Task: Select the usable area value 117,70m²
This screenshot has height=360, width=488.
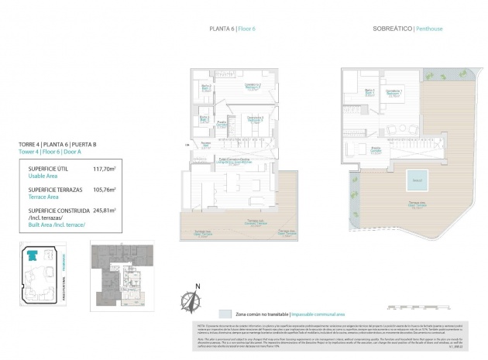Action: point(105,167)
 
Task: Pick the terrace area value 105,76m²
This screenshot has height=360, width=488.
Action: point(105,189)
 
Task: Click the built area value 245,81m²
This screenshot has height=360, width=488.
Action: point(105,210)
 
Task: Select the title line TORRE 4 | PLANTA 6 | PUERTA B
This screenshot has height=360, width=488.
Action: point(57,144)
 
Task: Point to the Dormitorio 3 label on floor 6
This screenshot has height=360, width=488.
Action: point(256,118)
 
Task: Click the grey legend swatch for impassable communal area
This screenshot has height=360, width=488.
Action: point(225,314)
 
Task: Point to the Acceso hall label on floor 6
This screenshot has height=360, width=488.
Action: point(205,144)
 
